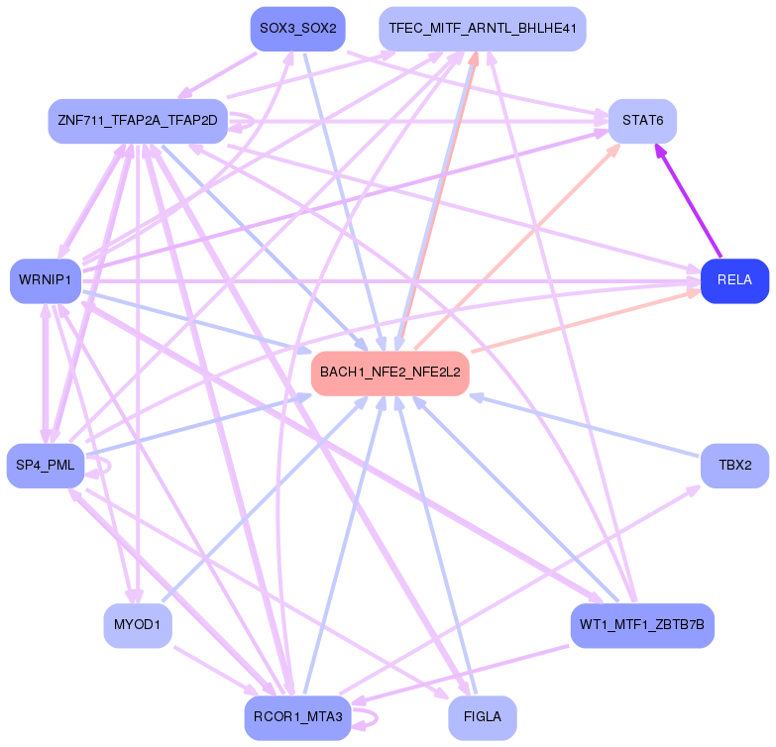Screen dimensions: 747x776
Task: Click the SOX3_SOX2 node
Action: pyautogui.click(x=296, y=29)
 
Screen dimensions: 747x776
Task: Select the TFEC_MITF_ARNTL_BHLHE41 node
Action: pyautogui.click(x=482, y=29)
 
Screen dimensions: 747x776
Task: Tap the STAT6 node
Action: pyautogui.click(x=642, y=121)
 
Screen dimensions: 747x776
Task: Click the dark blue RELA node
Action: pyautogui.click(x=734, y=280)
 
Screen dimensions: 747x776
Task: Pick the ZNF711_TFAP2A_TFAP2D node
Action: pyautogui.click(x=138, y=121)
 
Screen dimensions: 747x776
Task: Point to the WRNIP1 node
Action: pyautogui.click(x=45, y=280)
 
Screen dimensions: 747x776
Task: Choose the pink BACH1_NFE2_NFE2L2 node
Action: pyautogui.click(x=389, y=373)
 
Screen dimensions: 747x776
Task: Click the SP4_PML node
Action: pyautogui.click(x=46, y=466)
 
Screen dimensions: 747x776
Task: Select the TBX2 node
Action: pyautogui.click(x=734, y=466)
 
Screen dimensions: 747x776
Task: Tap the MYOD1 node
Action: pyautogui.click(x=138, y=625)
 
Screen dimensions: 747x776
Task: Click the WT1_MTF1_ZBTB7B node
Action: pyautogui.click(x=642, y=625)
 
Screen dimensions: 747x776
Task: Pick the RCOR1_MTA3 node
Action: pyautogui.click(x=296, y=717)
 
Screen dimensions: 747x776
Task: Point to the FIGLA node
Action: pyautogui.click(x=482, y=717)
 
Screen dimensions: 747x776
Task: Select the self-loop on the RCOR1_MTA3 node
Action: pyautogui.click(x=369, y=717)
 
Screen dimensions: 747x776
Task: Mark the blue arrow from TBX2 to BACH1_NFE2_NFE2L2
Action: pyautogui.click(x=585, y=426)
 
